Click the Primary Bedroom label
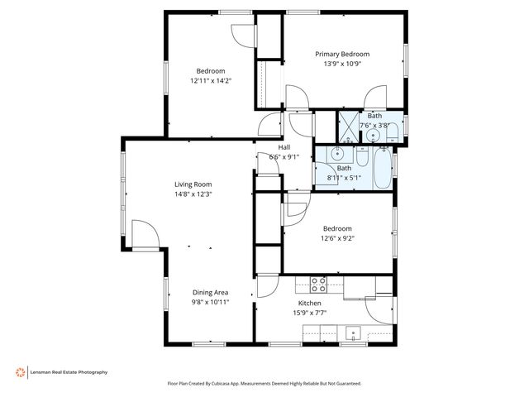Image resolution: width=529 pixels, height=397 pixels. [342, 54]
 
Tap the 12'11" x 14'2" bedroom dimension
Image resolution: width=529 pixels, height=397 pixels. [210, 81]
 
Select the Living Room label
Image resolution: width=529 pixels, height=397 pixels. [193, 184]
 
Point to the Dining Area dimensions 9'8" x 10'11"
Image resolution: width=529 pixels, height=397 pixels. [210, 302]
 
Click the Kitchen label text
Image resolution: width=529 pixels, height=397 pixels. [309, 303]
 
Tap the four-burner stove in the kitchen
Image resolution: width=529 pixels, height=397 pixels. [318, 285]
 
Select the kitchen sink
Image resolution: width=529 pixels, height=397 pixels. [354, 334]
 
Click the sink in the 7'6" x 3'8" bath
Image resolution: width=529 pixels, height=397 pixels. [374, 135]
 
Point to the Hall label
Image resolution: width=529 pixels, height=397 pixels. [284, 147]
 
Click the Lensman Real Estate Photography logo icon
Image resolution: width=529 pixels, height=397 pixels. [20, 372]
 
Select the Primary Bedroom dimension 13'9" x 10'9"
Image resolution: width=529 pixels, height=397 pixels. [342, 64]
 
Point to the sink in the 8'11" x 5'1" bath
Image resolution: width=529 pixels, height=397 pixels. [337, 154]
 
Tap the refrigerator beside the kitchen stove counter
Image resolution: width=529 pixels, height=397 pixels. [384, 285]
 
